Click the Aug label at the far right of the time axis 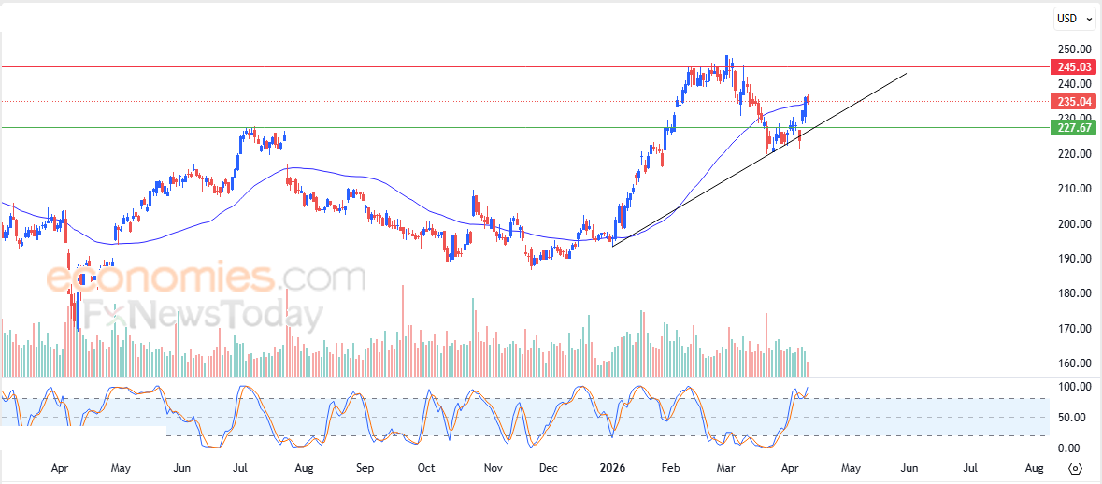pyautogui.click(x=1034, y=467)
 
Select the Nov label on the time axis pyautogui.click(x=493, y=467)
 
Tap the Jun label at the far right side pyautogui.click(x=909, y=467)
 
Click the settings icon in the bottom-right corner pyautogui.click(x=1075, y=468)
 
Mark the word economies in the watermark pyautogui.click(x=160, y=278)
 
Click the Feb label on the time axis pyautogui.click(x=669, y=467)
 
